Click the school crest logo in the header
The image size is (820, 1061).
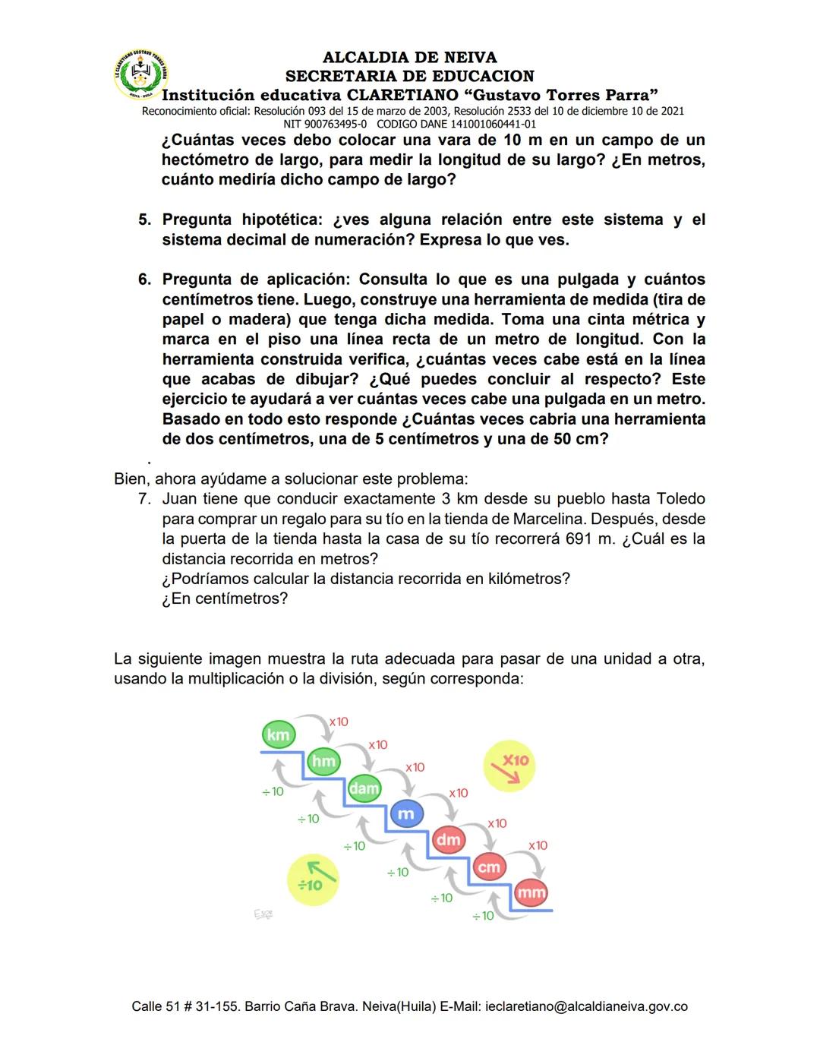click(x=140, y=74)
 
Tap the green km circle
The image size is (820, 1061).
click(x=278, y=734)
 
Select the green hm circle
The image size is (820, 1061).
click(x=323, y=761)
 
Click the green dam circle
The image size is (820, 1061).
click(x=364, y=788)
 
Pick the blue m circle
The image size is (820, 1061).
click(x=406, y=813)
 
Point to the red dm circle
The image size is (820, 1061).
click(x=449, y=839)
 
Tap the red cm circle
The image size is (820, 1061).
click(x=489, y=867)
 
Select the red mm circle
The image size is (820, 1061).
click(x=531, y=892)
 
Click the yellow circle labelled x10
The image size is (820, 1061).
click(x=509, y=765)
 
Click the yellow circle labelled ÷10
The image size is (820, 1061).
click(x=312, y=879)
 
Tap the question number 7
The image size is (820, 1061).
click(x=143, y=499)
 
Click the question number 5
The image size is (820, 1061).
click(x=144, y=219)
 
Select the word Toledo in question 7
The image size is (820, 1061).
click(x=680, y=499)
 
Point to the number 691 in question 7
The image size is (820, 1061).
click(x=579, y=538)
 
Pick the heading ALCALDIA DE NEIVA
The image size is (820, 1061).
click(x=409, y=57)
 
